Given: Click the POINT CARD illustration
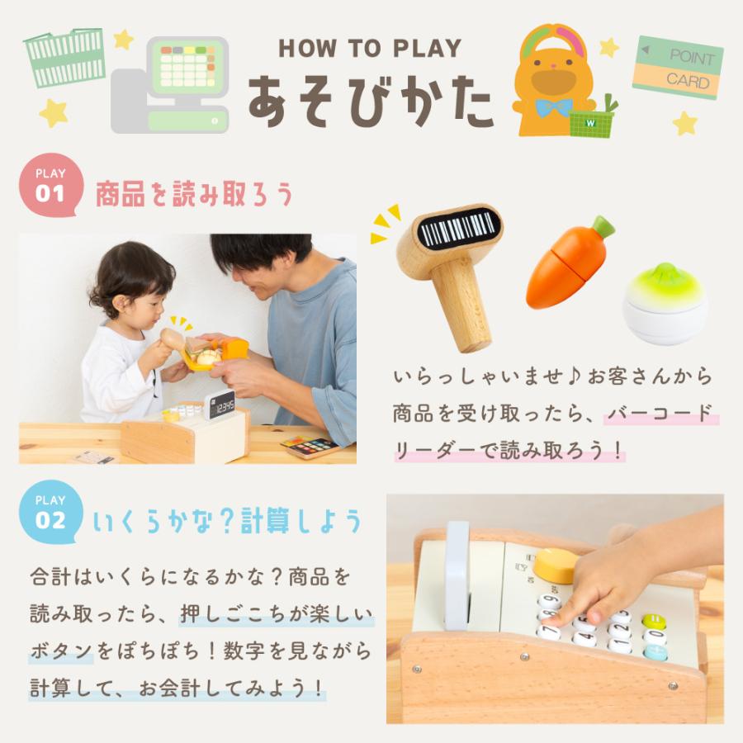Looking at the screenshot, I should coord(679,69).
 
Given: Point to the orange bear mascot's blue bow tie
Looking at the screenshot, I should coord(553,108).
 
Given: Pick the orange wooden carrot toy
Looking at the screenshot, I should coord(568,264).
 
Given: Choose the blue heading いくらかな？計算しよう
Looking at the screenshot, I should coord(227,522).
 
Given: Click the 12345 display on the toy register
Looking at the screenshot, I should coord(220,405).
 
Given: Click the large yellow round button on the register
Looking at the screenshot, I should coord(556,564).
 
